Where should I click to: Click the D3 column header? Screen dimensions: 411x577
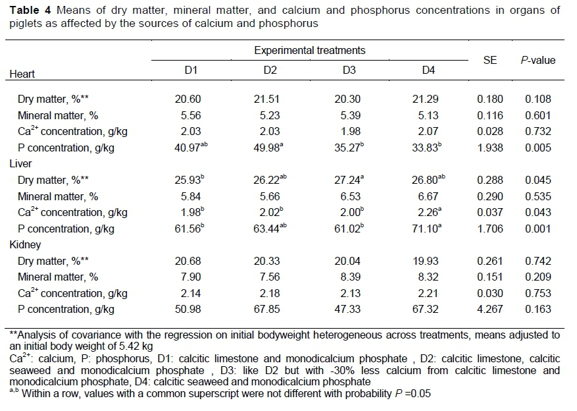pos(350,70)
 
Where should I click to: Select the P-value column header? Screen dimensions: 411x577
pos(538,60)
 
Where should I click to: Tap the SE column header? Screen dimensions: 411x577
pos(489,60)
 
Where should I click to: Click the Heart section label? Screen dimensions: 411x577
pos(22,74)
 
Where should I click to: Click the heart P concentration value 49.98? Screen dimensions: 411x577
pos(270,147)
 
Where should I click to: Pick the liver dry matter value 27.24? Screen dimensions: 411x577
pos(350,179)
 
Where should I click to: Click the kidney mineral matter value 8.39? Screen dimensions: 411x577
pos(350,277)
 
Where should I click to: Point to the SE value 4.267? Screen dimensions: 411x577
pos(489,309)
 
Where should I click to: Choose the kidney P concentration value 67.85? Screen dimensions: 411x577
pos(270,309)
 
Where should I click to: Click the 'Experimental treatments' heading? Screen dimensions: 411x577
pos(310,50)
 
